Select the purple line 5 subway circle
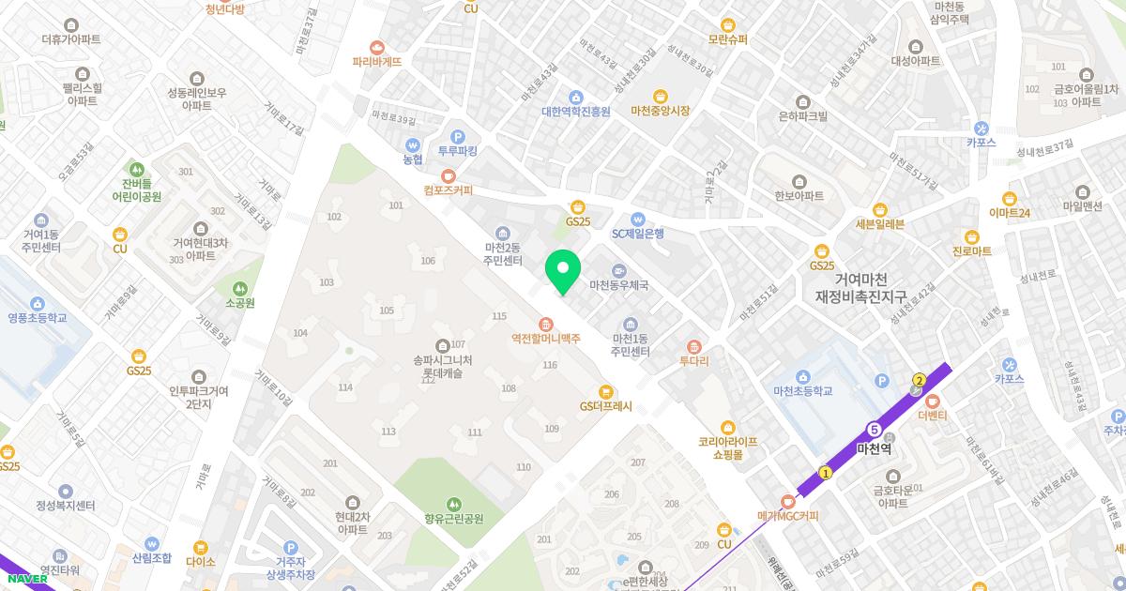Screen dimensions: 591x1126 click(875, 429)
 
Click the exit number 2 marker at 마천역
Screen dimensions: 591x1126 click(920, 380)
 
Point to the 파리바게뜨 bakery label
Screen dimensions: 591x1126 click(377, 61)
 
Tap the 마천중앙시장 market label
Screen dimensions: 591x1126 click(661, 111)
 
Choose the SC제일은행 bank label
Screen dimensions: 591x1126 click(638, 233)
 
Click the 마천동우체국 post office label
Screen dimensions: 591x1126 click(618, 284)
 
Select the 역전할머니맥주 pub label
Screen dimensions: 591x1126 click(546, 338)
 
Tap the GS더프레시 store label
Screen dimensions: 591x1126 click(606, 406)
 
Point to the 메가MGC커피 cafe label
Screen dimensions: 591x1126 click(788, 515)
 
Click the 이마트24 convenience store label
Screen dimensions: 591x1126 click(1010, 213)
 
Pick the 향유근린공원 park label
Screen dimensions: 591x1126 click(454, 518)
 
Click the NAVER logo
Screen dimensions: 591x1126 click(25, 578)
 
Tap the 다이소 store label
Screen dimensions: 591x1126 click(200, 561)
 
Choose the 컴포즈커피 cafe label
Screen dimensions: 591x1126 click(448, 189)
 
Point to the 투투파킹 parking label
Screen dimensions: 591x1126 click(458, 150)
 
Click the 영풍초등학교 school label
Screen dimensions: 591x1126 click(38, 317)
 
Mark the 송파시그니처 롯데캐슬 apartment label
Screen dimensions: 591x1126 click(443, 366)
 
